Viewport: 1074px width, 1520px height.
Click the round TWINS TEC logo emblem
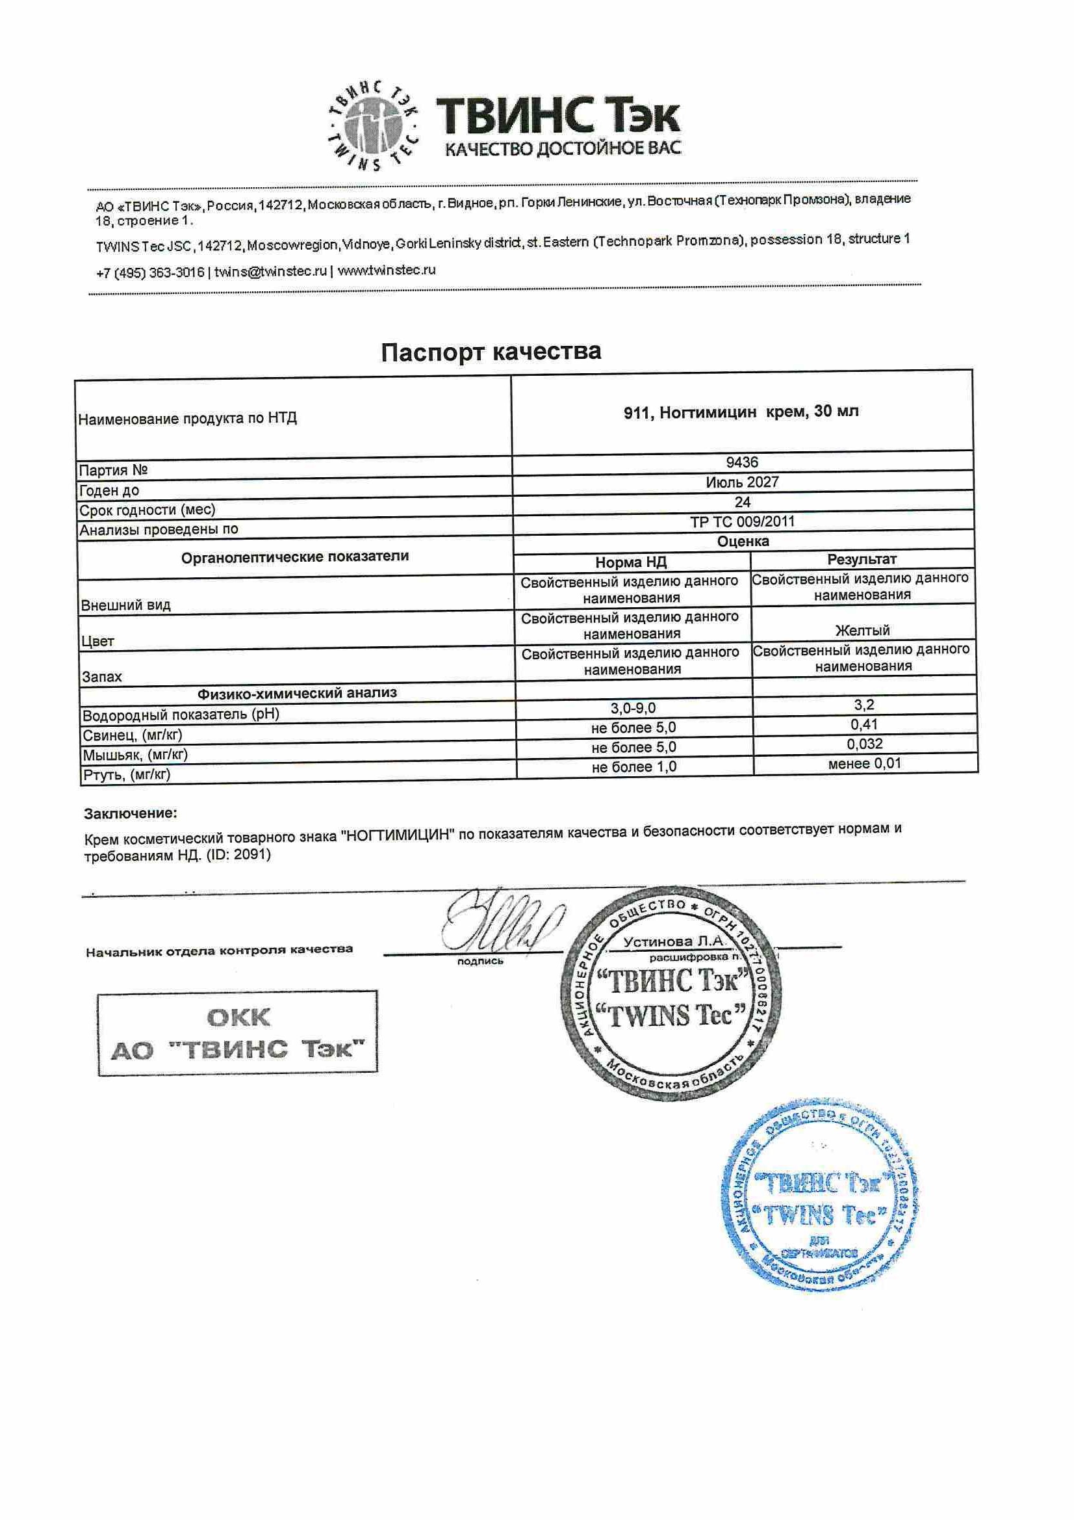click(x=374, y=125)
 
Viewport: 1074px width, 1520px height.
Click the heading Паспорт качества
click(x=491, y=352)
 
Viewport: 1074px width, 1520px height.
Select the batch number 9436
click(x=742, y=462)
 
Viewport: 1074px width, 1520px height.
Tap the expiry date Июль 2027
click(x=742, y=482)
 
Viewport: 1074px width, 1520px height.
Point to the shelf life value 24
click(x=742, y=502)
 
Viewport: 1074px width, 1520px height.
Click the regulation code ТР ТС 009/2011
click(x=742, y=521)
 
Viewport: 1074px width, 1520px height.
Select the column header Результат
click(x=862, y=559)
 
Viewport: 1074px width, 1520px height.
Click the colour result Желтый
click(x=862, y=630)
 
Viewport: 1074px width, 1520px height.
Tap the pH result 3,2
click(x=863, y=705)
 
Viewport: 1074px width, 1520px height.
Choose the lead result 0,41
click(x=863, y=724)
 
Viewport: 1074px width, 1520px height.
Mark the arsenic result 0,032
click(x=864, y=744)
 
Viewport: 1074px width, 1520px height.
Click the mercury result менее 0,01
click(x=864, y=763)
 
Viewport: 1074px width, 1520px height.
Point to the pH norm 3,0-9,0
click(x=633, y=708)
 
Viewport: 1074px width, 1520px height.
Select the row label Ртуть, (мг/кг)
click(x=126, y=774)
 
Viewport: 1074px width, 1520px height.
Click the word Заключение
click(x=131, y=813)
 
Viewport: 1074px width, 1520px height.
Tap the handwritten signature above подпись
click(x=503, y=922)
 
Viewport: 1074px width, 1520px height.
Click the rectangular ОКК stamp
click(x=237, y=1034)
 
